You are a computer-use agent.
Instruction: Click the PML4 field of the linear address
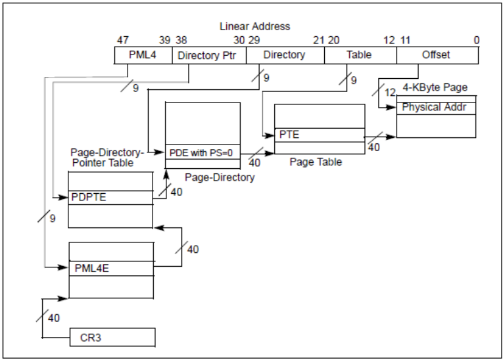pyautogui.click(x=143, y=55)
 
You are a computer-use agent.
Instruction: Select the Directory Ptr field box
pyautogui.click(x=208, y=55)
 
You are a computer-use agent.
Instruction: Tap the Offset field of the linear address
pyautogui.click(x=437, y=55)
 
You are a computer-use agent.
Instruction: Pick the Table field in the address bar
pyautogui.click(x=360, y=55)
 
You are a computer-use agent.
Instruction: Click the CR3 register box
pyautogui.click(x=112, y=337)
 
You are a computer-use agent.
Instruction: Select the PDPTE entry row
pyautogui.click(x=110, y=197)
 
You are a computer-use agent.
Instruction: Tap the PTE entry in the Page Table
pyautogui.click(x=319, y=135)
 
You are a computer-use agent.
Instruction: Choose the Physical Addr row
pyautogui.click(x=436, y=107)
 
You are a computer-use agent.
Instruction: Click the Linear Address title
pyautogui.click(x=254, y=26)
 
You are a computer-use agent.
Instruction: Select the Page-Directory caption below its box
pyautogui.click(x=219, y=177)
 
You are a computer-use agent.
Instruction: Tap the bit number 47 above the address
pyautogui.click(x=122, y=40)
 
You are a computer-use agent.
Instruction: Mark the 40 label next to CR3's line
pyautogui.click(x=54, y=318)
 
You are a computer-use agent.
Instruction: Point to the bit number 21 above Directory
pyautogui.click(x=318, y=40)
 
